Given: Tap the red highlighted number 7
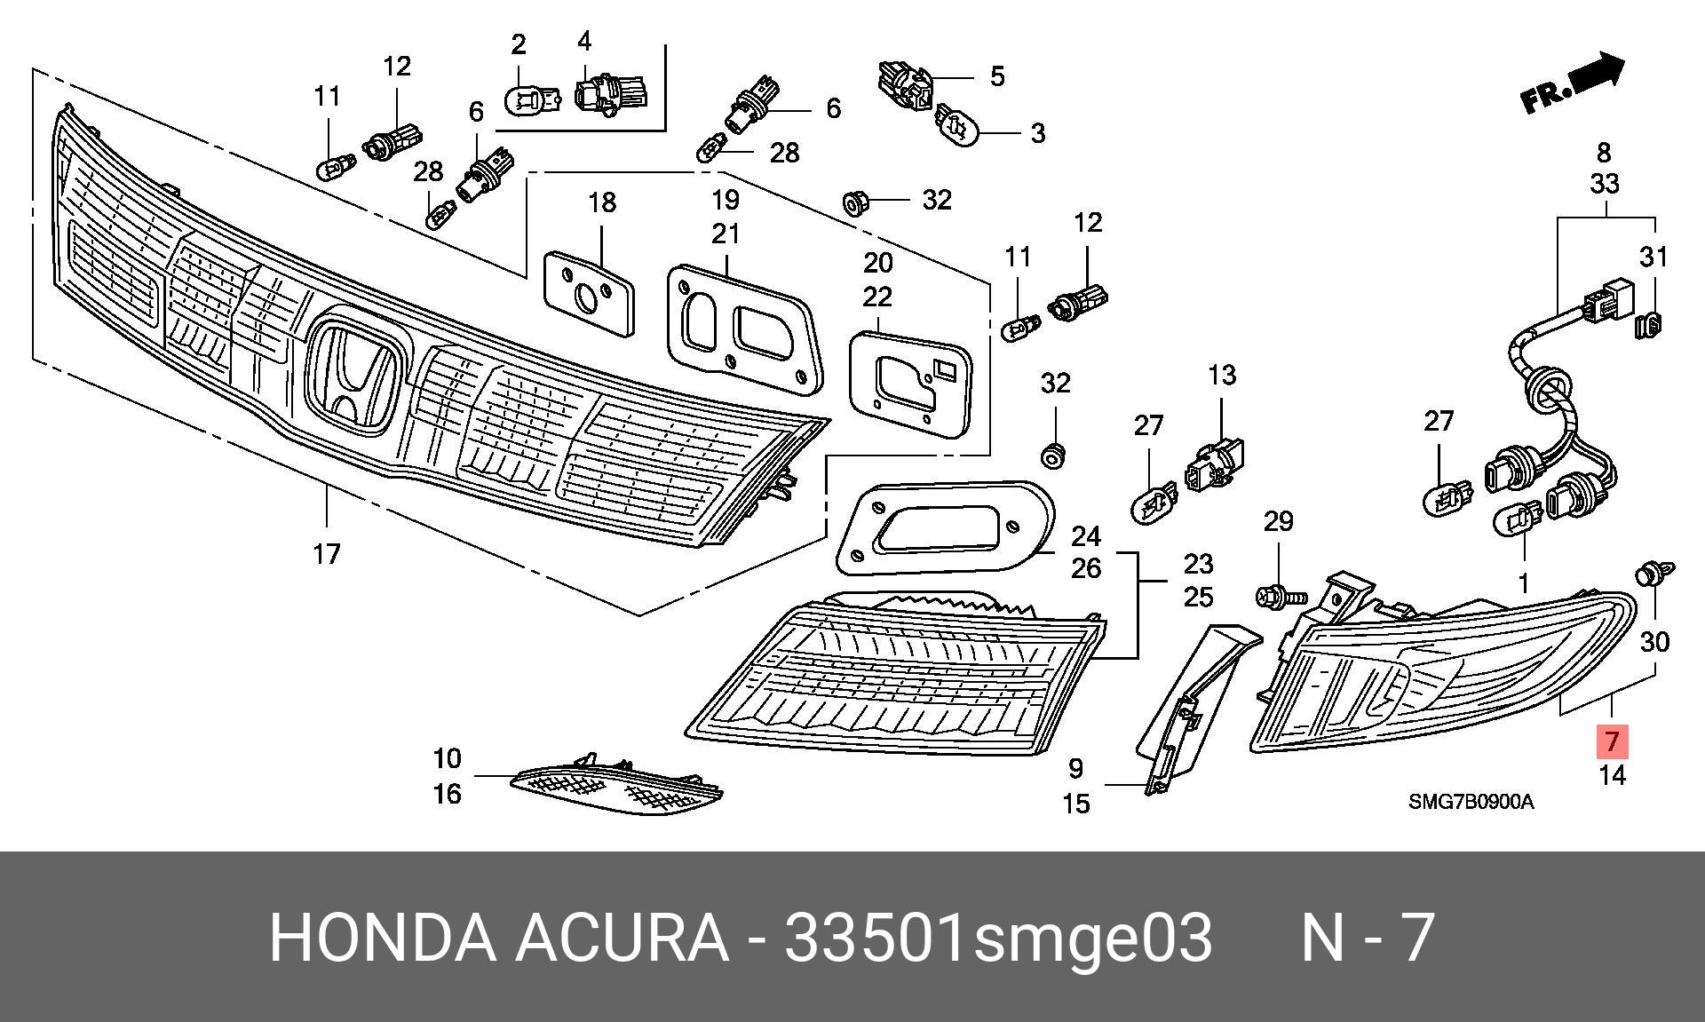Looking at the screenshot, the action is (1613, 741).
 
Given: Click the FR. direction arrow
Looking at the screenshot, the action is (1573, 83).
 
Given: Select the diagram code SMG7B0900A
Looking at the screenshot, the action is (1471, 802).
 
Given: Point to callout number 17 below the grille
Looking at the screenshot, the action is (327, 554).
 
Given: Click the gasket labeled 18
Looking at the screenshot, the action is (590, 293).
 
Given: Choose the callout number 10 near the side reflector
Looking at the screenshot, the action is (447, 758).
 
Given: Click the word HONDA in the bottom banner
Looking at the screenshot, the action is (383, 938).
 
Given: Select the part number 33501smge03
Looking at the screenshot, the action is (997, 938).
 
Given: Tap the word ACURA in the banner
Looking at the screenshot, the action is (621, 938).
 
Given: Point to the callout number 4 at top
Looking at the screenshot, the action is (584, 41).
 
